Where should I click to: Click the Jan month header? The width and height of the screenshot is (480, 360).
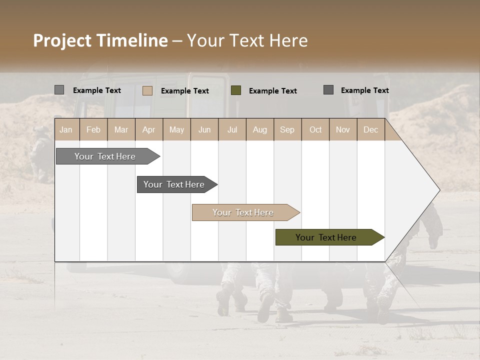(66, 129)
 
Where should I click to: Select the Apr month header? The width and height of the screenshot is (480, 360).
(148, 129)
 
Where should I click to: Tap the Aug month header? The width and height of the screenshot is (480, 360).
(259, 129)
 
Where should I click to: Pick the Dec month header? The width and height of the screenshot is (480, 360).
(370, 129)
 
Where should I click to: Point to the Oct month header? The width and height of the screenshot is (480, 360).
(315, 129)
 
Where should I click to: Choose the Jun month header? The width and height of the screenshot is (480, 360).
(204, 129)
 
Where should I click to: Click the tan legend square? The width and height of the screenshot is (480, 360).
(147, 90)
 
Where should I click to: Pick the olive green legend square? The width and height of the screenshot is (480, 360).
(236, 90)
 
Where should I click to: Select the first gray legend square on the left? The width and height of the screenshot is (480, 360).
(59, 90)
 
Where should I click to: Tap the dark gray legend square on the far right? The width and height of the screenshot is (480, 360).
(328, 90)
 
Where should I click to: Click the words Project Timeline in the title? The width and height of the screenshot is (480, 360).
(100, 40)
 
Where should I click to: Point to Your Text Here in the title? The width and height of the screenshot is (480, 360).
(247, 40)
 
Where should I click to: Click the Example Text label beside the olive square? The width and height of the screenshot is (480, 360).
(272, 91)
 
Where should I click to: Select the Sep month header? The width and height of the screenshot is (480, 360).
(287, 129)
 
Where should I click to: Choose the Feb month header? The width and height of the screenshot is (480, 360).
(93, 129)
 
